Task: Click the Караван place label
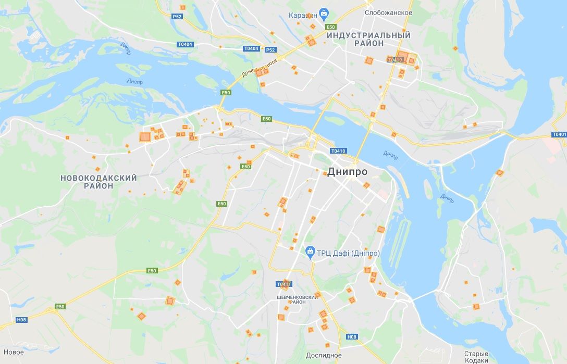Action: [302, 15]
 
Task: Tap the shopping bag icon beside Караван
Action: [324, 13]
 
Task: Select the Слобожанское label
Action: [388, 12]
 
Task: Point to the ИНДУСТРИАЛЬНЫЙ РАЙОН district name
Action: [368, 39]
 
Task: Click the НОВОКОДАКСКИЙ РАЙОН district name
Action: [98, 182]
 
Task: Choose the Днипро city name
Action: [347, 172]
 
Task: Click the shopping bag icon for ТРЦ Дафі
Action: [310, 252]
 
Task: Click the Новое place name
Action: [14, 352]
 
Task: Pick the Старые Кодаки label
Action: [476, 357]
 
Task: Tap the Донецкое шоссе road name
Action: [260, 67]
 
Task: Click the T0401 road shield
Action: [559, 134]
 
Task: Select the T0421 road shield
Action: [284, 284]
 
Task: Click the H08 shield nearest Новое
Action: [21, 320]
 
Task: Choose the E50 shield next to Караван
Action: [330, 27]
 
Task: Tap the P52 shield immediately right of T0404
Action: [270, 50]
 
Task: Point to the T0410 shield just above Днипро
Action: [338, 151]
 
